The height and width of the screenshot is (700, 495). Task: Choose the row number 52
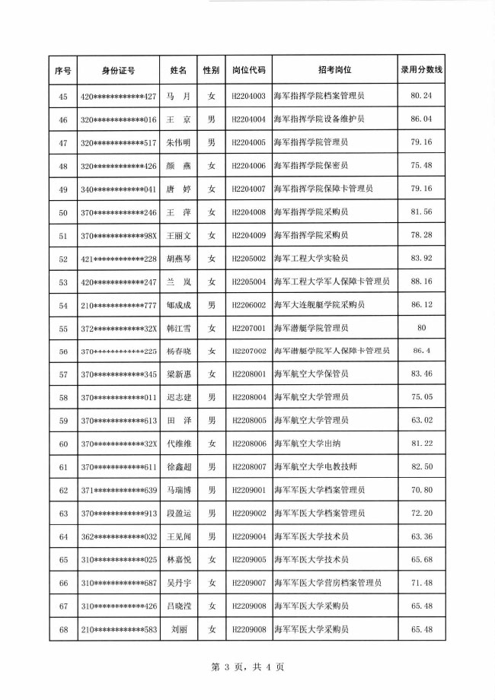click(63, 259)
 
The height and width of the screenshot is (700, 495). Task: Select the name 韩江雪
click(178, 328)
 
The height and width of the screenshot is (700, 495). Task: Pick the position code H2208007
click(248, 467)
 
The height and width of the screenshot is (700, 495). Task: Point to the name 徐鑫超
click(178, 467)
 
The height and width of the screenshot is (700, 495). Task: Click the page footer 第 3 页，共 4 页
click(247, 667)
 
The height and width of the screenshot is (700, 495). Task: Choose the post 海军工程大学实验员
click(311, 259)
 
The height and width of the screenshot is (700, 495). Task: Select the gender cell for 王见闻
click(212, 536)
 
